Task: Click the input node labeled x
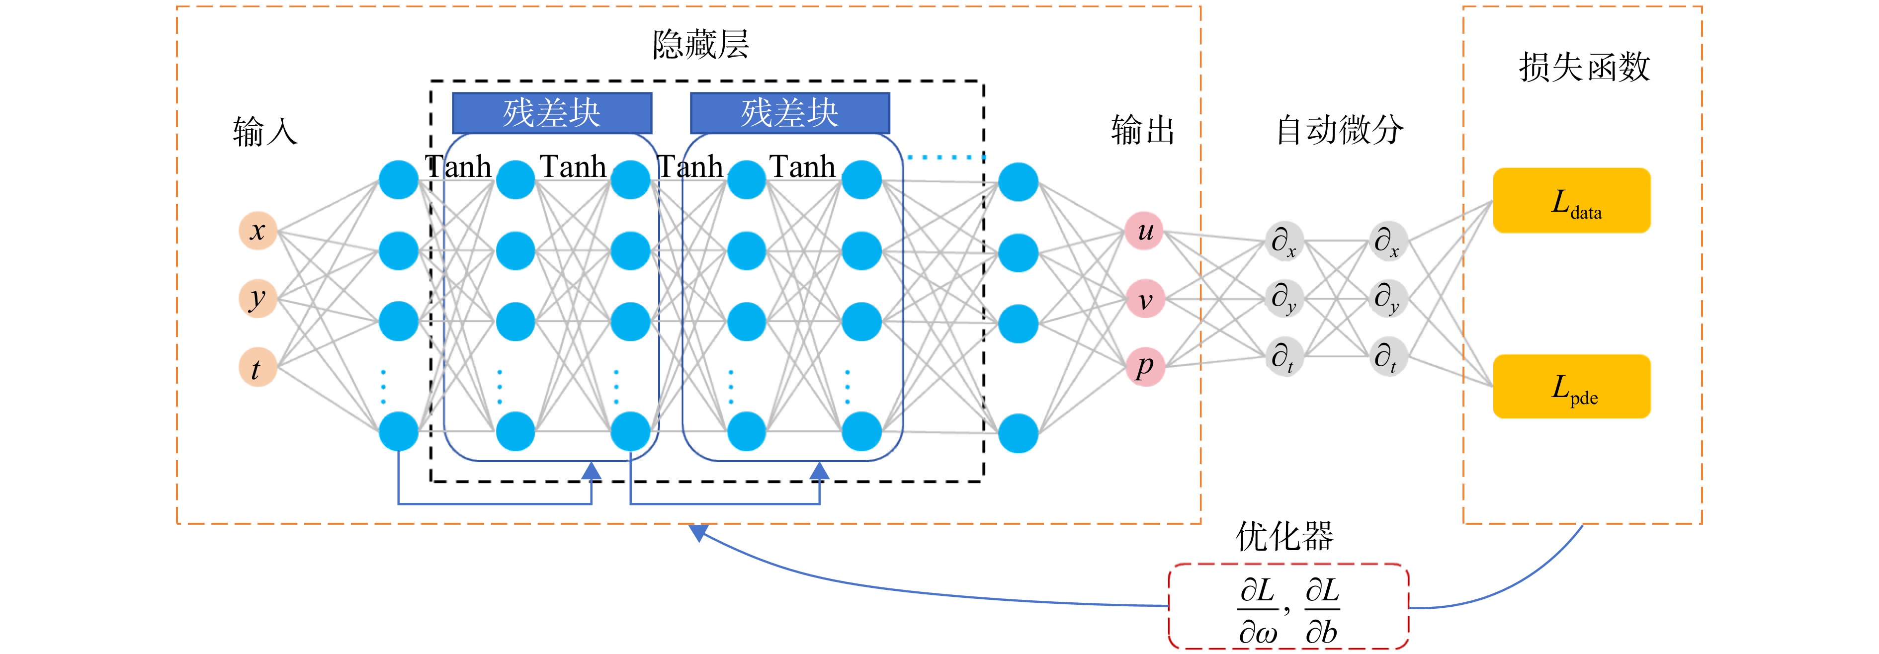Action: [x=257, y=231]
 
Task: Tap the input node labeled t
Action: [x=257, y=367]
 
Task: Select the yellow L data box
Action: [x=1572, y=200]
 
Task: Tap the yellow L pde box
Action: [x=1572, y=387]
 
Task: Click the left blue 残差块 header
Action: [x=552, y=113]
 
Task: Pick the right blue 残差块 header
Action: [x=790, y=113]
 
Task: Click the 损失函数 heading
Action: [x=1584, y=67]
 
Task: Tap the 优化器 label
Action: [x=1284, y=537]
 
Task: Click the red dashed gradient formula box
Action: [x=1288, y=606]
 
